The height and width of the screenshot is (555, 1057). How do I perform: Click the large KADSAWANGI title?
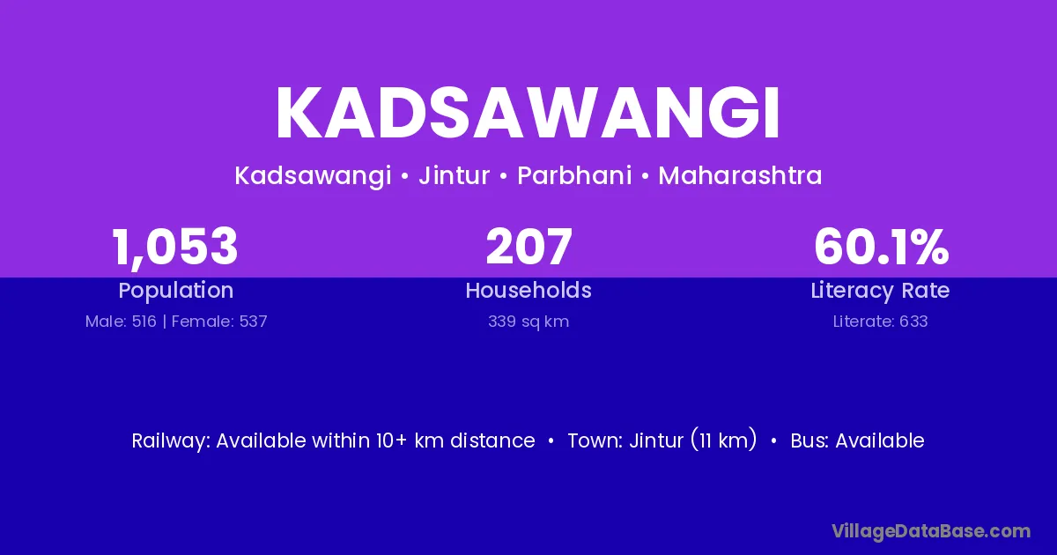528,113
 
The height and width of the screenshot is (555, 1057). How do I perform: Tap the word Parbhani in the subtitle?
574,175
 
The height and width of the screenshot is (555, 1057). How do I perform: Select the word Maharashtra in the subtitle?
740,175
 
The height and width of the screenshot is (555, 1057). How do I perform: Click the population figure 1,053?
175,248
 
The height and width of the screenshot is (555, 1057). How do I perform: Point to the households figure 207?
529,247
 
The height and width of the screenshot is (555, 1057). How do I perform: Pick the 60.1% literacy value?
881,247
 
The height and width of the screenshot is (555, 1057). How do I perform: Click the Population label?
176,291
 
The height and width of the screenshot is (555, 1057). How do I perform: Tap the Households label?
528,290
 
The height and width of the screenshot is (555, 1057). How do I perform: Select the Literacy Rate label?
880,291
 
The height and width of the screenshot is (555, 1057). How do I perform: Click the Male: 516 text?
121,322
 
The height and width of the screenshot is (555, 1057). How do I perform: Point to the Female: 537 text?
219,322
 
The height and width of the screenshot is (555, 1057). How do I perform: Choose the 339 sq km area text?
528,322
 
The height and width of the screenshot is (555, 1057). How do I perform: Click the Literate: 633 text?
880,322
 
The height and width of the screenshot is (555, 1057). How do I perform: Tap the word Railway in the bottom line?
170,440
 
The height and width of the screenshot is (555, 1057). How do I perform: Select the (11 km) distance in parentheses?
724,440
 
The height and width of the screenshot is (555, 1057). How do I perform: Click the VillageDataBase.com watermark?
931,531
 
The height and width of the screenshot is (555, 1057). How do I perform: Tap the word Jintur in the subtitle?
454,175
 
